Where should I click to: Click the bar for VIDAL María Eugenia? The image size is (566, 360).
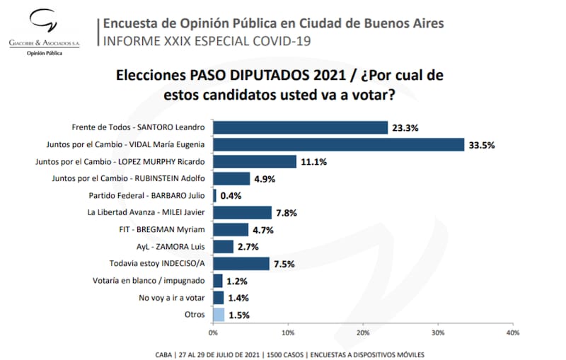338,145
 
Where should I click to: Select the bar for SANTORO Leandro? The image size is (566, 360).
300,128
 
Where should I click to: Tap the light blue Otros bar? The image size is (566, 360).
219,315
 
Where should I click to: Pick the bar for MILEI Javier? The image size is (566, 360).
242,213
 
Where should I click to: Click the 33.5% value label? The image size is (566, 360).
481,146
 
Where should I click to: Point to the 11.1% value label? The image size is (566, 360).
313,163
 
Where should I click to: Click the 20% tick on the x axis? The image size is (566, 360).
363,332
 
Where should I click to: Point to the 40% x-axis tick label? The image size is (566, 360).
513,332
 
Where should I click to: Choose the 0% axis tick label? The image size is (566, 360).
213,332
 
